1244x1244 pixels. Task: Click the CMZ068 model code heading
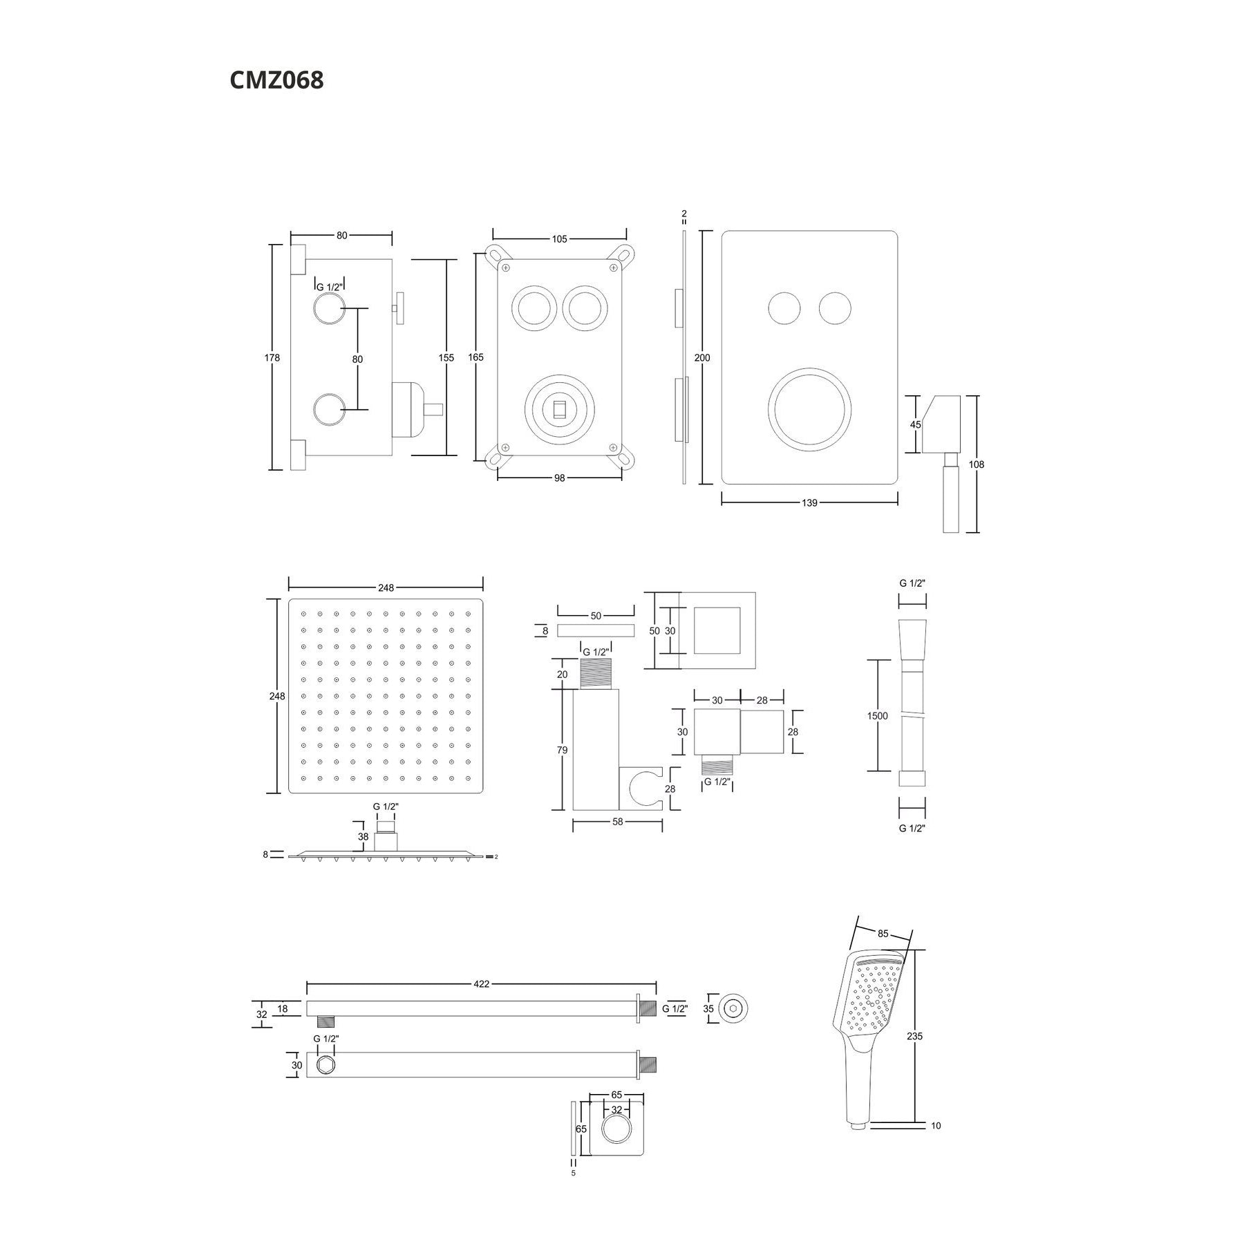[x=276, y=80]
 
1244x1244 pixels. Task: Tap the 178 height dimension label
[x=272, y=357]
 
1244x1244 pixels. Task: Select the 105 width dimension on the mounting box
[x=559, y=239]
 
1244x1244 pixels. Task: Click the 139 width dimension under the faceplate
[x=809, y=502]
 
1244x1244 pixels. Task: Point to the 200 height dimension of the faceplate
[x=702, y=357]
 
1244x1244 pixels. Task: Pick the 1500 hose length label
[x=877, y=716]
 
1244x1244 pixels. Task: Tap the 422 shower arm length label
[x=481, y=983]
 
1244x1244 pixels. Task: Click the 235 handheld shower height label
[x=914, y=1036]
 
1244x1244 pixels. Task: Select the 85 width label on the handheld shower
[x=883, y=934]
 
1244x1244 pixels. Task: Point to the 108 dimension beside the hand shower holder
[x=976, y=464]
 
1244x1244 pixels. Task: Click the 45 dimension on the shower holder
[x=915, y=425]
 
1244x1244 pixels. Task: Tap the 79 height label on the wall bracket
[x=562, y=750]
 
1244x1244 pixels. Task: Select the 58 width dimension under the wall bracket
[x=617, y=822]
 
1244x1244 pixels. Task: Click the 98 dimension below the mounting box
[x=559, y=478]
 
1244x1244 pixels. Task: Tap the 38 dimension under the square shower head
[x=363, y=836]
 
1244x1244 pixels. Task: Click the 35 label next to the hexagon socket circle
[x=708, y=1008]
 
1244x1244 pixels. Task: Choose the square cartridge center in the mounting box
[x=559, y=408]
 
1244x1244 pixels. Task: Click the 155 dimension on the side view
[x=446, y=357]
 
